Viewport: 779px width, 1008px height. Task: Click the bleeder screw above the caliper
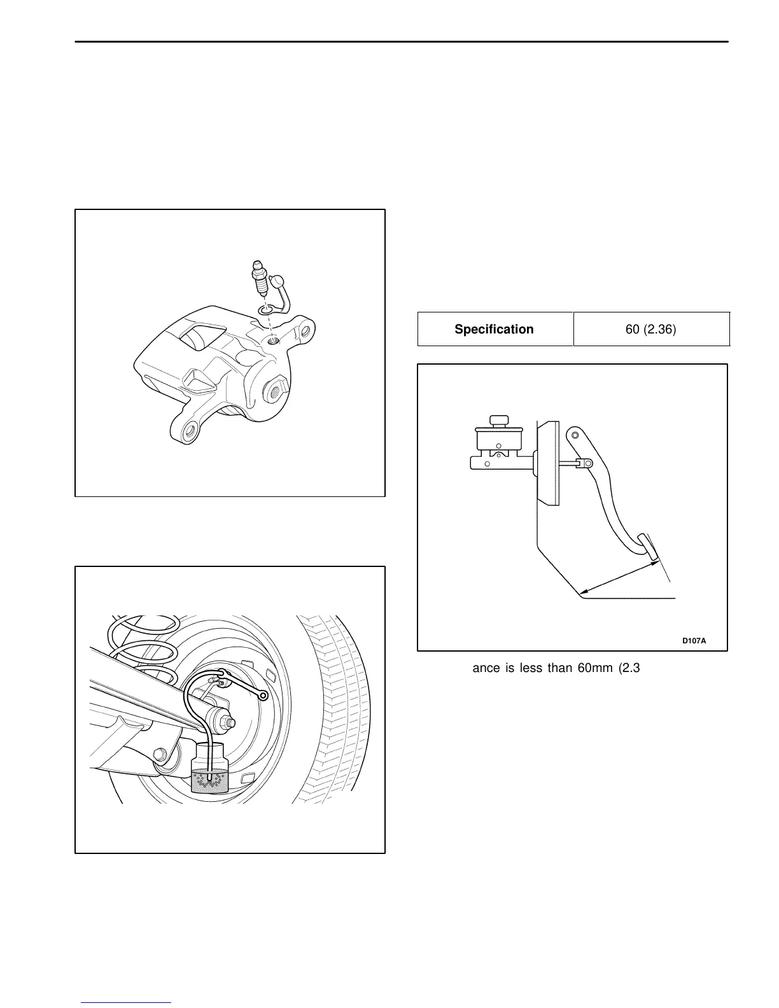[x=258, y=278]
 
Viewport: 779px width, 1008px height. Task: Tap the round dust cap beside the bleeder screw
[x=278, y=281]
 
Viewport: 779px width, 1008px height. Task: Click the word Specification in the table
[x=494, y=329]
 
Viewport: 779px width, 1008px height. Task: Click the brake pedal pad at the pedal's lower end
[x=648, y=548]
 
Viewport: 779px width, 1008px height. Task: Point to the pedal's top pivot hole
[x=575, y=435]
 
